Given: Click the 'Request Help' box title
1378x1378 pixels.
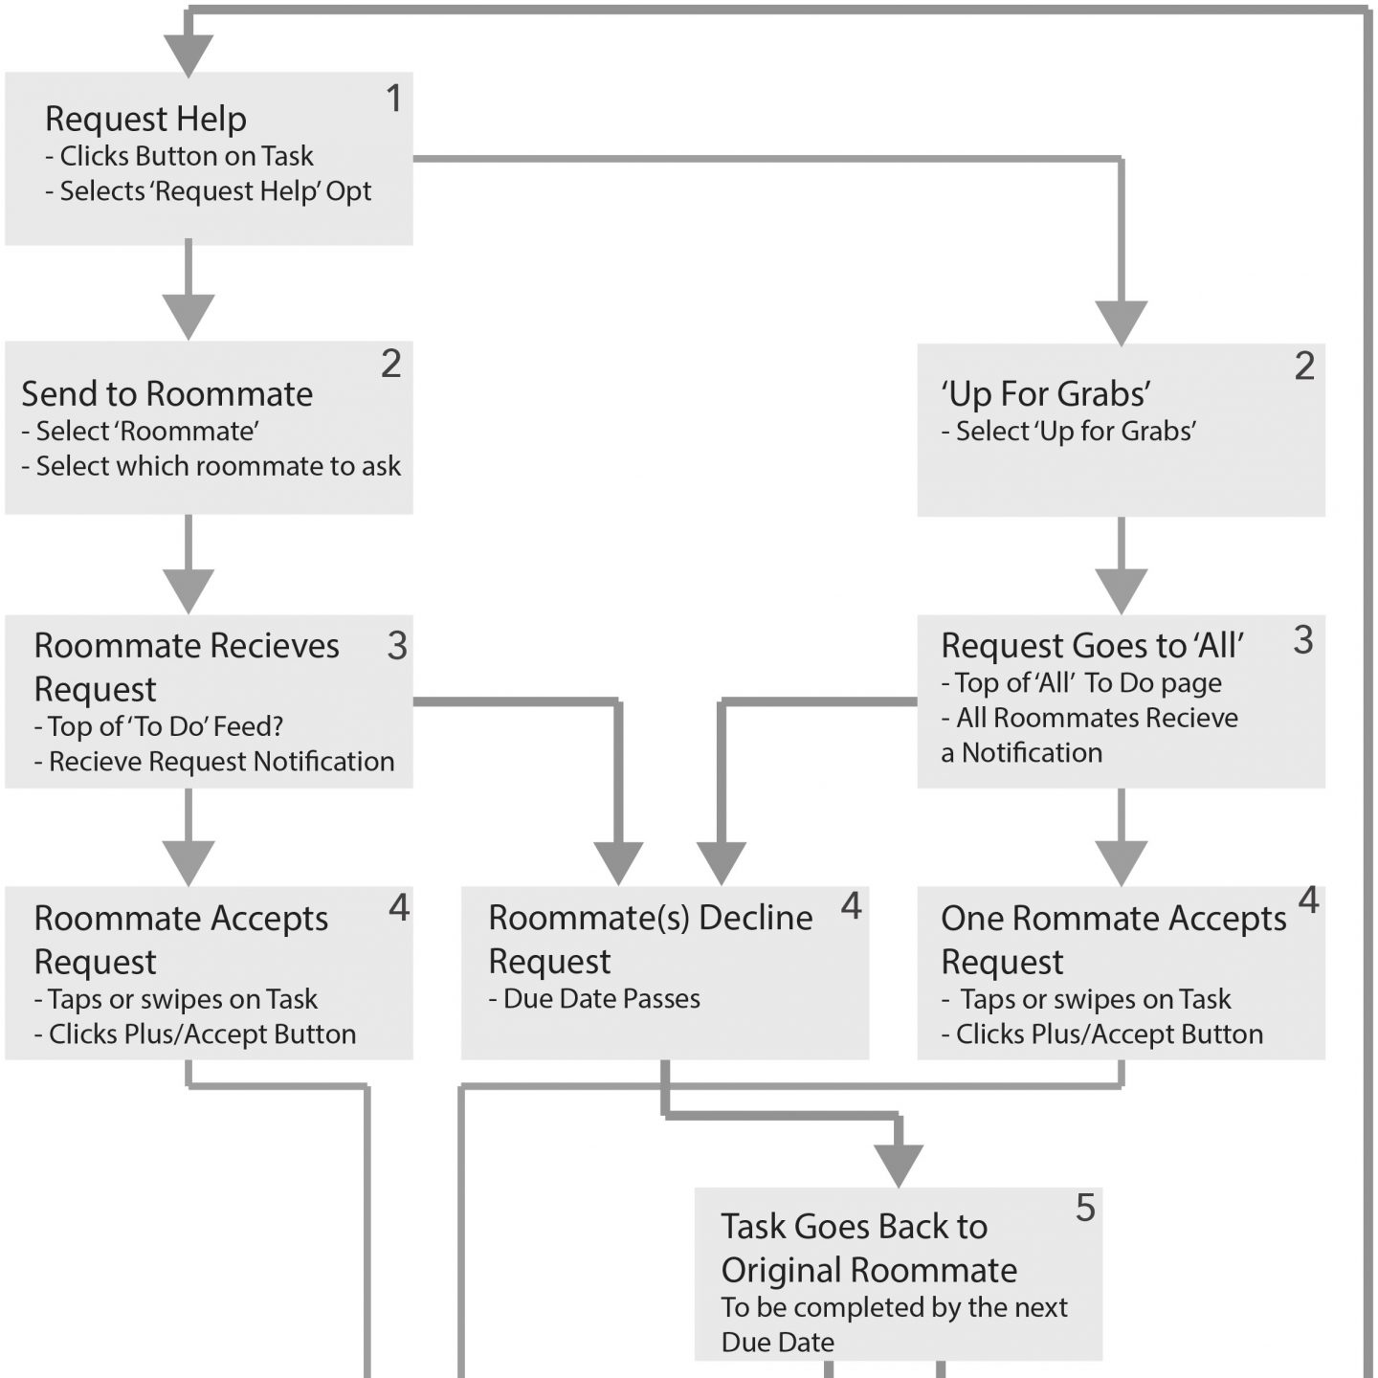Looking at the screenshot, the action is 145,120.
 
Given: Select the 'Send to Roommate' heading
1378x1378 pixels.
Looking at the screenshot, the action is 167,394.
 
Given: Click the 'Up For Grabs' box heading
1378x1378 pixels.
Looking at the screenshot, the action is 1046,394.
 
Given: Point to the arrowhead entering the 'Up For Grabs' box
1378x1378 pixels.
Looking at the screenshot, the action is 1122,323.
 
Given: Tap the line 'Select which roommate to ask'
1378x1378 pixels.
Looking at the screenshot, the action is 211,466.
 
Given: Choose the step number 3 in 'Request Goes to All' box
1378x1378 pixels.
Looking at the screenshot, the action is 1303,640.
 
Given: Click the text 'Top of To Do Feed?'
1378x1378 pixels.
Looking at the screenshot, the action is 158,726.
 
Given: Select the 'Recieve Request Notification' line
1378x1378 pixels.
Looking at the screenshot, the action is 213,762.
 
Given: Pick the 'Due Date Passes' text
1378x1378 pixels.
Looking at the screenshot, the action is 594,999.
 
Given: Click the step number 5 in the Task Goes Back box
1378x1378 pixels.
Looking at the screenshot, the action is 1085,1208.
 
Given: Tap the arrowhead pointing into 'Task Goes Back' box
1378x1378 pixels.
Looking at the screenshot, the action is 899,1166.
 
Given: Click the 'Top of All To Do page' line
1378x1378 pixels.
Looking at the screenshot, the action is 1080,683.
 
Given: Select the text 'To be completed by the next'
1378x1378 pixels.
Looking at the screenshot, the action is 894,1307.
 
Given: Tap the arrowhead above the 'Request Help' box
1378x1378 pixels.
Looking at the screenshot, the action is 189,56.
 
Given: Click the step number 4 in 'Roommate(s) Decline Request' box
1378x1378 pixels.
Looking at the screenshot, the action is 851,906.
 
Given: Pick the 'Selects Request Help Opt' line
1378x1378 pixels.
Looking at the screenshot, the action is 208,191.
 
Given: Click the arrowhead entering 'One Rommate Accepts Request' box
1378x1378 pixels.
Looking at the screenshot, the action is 1122,864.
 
